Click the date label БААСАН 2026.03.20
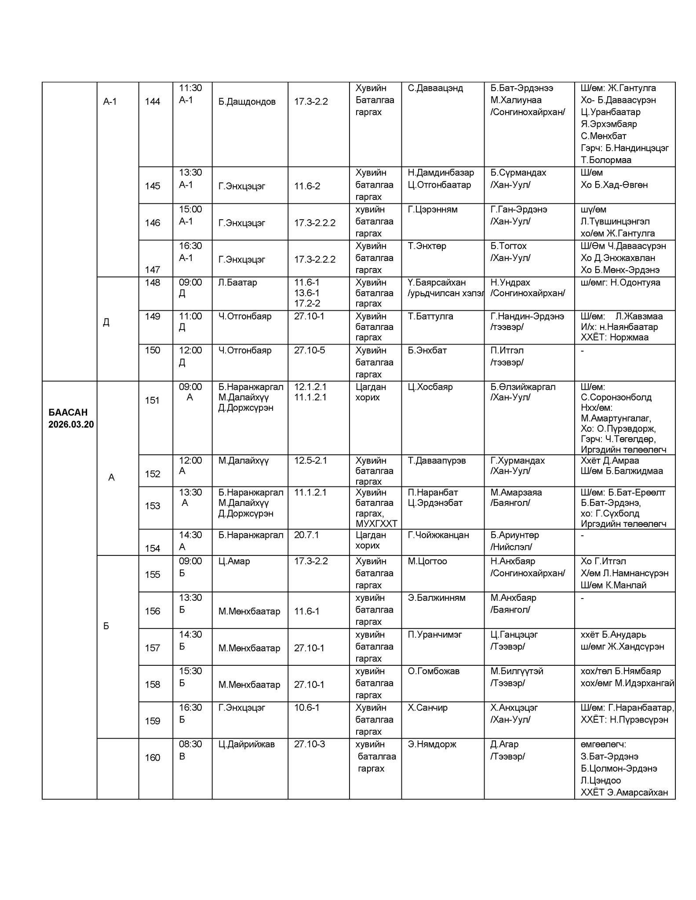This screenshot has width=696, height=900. click(71, 418)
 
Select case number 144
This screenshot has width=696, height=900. click(153, 102)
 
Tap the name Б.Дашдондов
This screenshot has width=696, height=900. click(247, 102)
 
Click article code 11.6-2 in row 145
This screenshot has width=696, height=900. click(307, 186)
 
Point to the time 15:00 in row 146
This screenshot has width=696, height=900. click(190, 209)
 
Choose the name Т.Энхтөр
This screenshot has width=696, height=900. click(426, 246)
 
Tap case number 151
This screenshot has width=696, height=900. click(152, 400)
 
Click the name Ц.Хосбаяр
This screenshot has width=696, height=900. click(430, 387)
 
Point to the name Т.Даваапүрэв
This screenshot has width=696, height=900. click(436, 461)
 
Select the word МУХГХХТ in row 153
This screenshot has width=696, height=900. click(376, 524)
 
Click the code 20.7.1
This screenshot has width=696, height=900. click(306, 535)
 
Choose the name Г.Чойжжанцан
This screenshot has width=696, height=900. click(438, 535)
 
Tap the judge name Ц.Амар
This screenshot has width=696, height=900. click(234, 561)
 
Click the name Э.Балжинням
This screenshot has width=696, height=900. click(436, 598)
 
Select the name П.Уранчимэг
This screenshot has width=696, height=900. click(434, 635)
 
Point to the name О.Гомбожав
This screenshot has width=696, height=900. click(433, 671)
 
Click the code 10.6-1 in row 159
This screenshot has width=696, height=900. click(306, 708)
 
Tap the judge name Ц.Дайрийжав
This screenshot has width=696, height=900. click(246, 744)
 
